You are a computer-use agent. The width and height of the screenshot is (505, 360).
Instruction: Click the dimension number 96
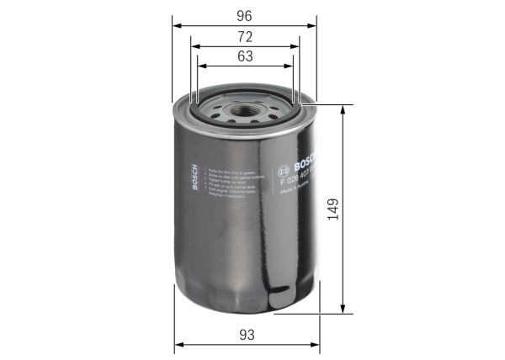tap(245, 15)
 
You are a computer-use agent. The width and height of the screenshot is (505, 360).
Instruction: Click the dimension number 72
tap(245, 36)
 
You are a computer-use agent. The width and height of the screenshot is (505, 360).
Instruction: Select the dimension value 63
tap(245, 56)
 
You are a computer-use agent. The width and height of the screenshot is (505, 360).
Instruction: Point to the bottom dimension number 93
tap(246, 335)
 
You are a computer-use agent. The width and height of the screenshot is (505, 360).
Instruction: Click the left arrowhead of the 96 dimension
tap(177, 26)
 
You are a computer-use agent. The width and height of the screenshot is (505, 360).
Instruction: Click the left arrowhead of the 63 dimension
tap(201, 66)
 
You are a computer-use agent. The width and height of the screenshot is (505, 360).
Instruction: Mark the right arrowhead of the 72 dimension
tap(298, 46)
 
